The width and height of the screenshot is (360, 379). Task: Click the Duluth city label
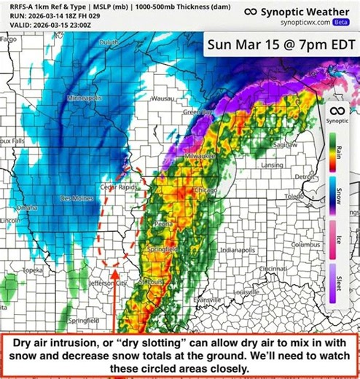[109, 44]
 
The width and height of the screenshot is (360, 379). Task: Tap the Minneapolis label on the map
[84, 98]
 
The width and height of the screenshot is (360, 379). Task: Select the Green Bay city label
[197, 113]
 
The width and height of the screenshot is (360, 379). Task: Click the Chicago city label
[206, 190]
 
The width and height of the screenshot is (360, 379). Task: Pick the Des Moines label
[77, 198]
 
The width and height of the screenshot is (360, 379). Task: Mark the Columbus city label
[305, 245]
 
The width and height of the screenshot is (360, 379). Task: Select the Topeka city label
[33, 270]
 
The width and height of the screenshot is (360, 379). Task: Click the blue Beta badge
[341, 22]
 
